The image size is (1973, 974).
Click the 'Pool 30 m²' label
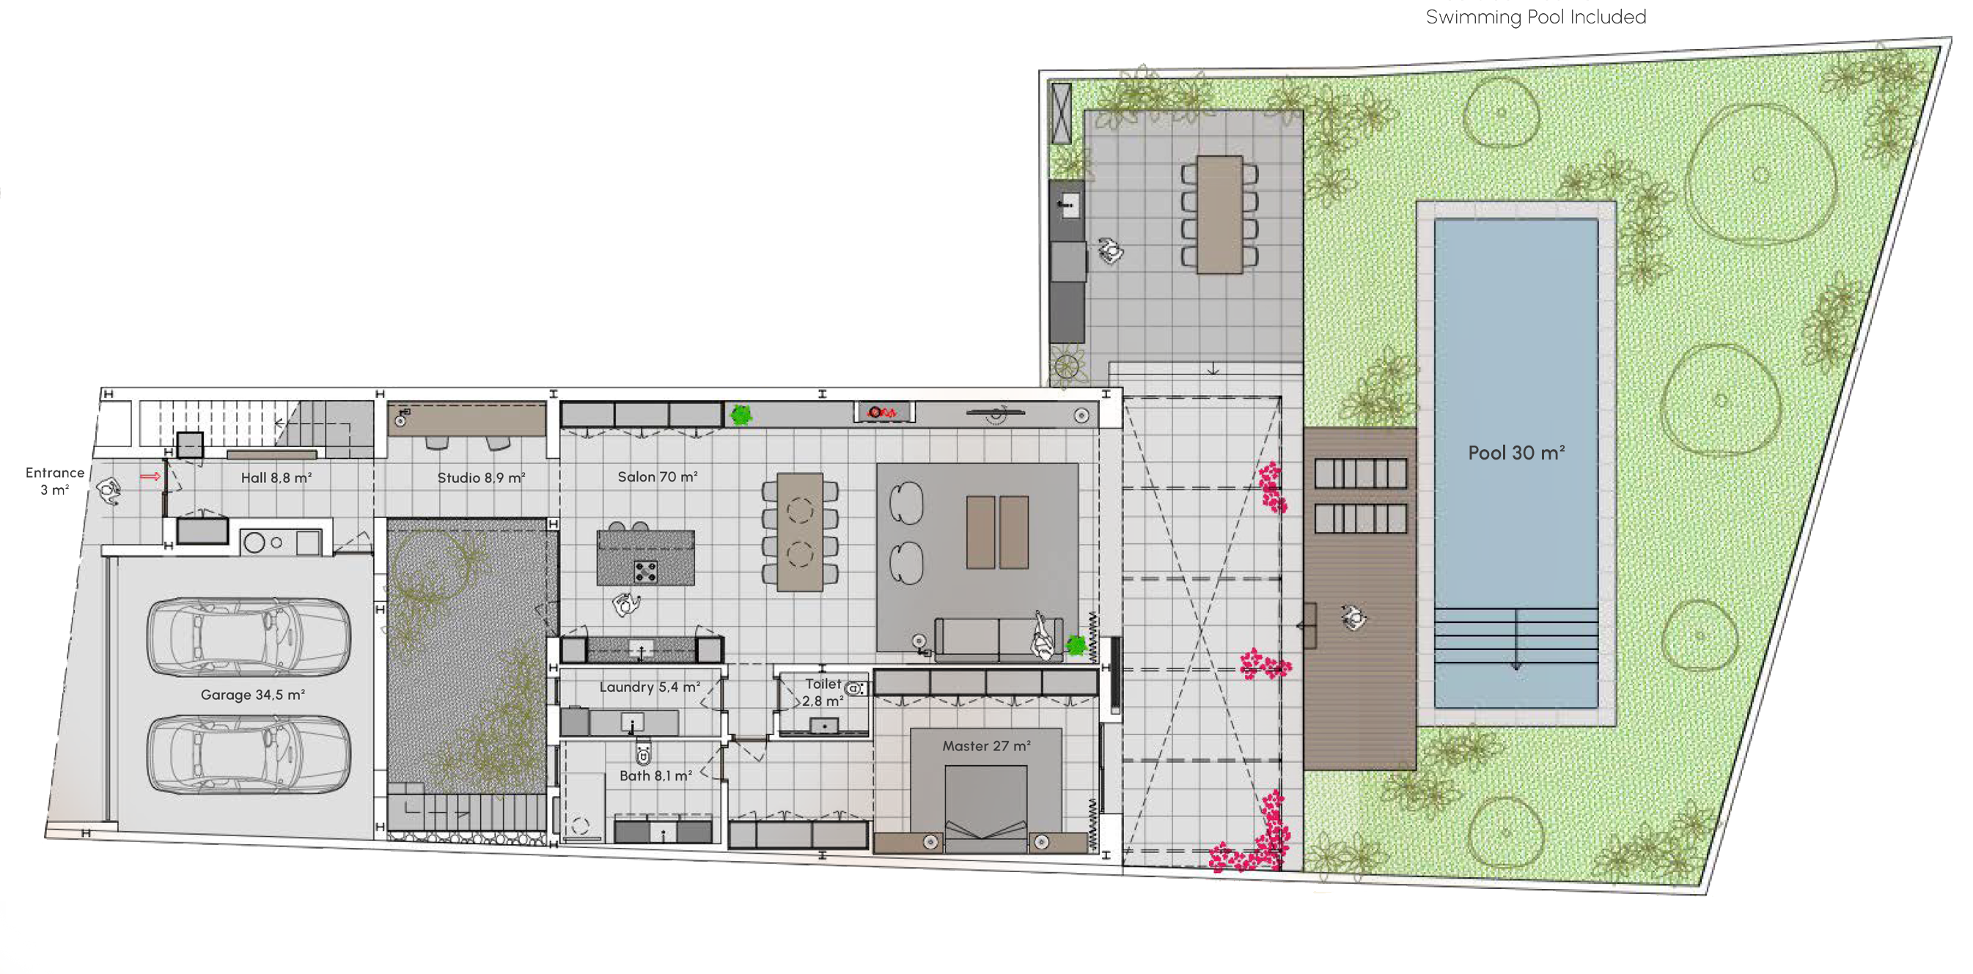(1515, 452)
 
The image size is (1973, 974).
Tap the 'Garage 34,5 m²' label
(253, 695)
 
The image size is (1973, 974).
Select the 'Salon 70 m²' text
(657, 476)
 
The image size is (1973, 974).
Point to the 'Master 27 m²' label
(985, 746)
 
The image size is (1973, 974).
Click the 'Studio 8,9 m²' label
(481, 478)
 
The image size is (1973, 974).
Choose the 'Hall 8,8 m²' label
(276, 478)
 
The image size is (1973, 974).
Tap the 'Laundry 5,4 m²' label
(649, 687)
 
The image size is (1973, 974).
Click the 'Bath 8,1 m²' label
(655, 775)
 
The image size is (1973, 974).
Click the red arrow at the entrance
(150, 476)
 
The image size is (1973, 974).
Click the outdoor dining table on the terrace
(1219, 215)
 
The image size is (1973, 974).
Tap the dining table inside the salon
(800, 531)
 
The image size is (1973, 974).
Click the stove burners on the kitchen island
(645, 570)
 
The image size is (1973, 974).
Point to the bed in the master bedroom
(985, 808)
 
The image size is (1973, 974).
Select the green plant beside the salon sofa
(1076, 645)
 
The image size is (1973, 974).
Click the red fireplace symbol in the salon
(881, 413)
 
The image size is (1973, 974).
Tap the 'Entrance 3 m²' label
(54, 481)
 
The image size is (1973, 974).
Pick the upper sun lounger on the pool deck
(1360, 473)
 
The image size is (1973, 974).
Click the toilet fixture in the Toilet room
(856, 688)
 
